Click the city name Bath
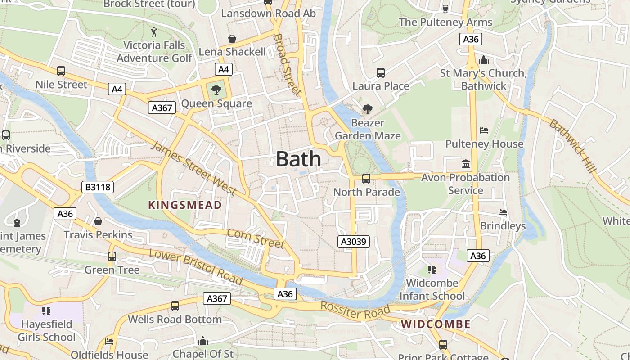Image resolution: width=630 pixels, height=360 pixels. point(298,159)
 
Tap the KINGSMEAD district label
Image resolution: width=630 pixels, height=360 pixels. point(185,205)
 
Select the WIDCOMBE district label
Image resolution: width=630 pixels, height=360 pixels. point(436,324)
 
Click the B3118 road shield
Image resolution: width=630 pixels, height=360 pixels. point(98,187)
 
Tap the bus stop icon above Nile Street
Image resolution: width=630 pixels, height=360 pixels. point(61,71)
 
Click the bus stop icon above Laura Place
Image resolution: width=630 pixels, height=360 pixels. point(381,73)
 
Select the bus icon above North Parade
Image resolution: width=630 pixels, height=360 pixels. point(366,179)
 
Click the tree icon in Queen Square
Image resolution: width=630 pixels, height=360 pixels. point(216,90)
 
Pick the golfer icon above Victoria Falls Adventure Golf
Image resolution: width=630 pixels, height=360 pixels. point(154,32)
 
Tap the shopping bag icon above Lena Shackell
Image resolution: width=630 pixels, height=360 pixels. point(232,39)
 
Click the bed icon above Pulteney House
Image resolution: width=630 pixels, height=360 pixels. point(484,131)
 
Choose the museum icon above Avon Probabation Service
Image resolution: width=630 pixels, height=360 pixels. point(466,164)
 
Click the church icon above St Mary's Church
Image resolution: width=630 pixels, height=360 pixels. point(484,59)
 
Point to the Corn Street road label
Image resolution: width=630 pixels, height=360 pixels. point(256,238)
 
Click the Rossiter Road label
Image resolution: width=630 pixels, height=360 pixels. point(355,311)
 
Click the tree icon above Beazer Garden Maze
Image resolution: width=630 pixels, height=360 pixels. point(368,109)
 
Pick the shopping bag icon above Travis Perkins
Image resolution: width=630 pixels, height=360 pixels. point(98,221)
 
